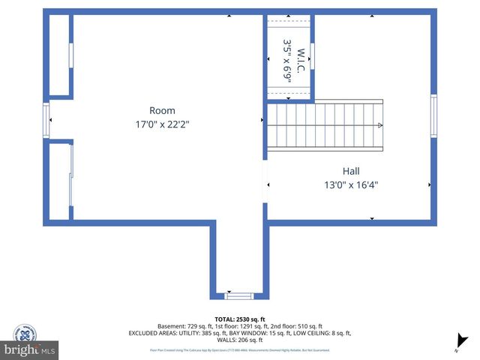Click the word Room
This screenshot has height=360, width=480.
pos(162,110)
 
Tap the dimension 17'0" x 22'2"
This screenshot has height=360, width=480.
pos(162,125)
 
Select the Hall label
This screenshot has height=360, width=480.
pos(351,170)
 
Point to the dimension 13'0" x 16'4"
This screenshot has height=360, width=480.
pos(351,184)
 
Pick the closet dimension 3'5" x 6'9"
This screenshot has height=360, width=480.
pos(286,60)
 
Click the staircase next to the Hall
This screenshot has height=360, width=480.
pos(324,125)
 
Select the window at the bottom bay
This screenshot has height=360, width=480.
pos(239,295)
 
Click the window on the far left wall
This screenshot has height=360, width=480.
pos(46,119)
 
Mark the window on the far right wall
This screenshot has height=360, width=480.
pos(433,115)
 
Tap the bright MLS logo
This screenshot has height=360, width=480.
pos(30,350)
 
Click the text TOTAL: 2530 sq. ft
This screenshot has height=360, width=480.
pos(239,319)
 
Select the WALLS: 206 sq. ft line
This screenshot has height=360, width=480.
pos(239,340)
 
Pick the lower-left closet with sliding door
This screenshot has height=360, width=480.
pos(59,181)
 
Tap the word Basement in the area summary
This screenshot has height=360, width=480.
pos(173,326)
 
